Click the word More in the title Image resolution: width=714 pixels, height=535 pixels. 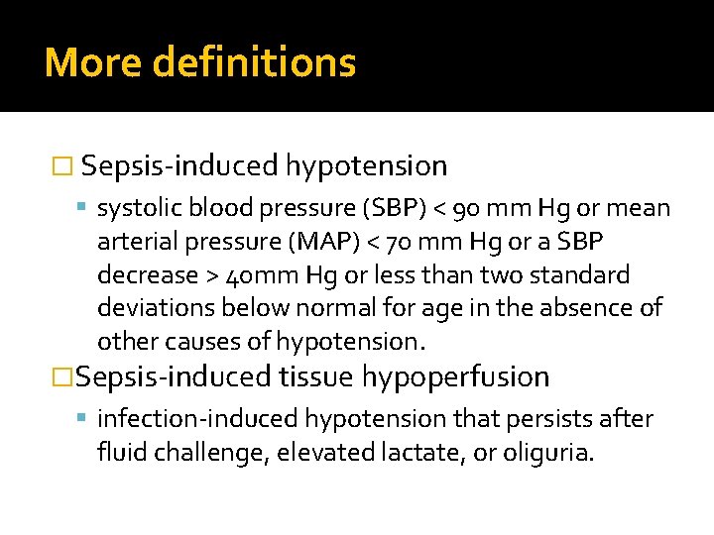click(x=93, y=61)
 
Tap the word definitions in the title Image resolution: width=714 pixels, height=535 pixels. click(x=254, y=61)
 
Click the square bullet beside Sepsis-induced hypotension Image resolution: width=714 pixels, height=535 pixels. click(x=62, y=166)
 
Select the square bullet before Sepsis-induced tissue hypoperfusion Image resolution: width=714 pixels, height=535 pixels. click(x=62, y=377)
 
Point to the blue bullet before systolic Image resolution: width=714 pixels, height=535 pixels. click(x=81, y=207)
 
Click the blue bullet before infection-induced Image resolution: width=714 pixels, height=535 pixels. click(x=81, y=417)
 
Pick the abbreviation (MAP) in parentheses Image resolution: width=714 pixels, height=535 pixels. click(x=323, y=241)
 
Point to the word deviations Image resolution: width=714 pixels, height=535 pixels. click(x=156, y=307)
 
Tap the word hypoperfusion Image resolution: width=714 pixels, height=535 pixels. click(x=456, y=378)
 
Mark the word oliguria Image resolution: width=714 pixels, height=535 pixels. click(x=548, y=454)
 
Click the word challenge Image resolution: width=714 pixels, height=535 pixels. click(x=208, y=454)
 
